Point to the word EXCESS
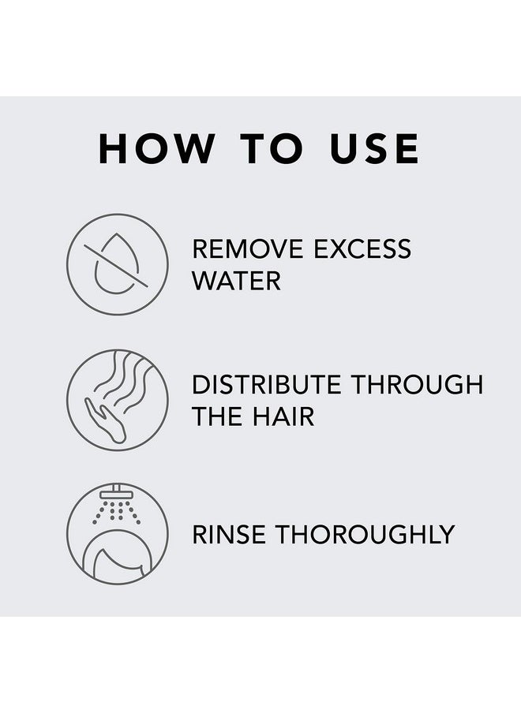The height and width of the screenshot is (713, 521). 362,248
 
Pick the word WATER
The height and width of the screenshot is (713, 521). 236,280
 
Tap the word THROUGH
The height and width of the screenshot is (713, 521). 418,385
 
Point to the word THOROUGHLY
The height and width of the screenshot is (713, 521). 368,534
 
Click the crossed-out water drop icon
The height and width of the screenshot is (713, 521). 117,264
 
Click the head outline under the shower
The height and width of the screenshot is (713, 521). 117,556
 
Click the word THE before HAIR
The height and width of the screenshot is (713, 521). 216,416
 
